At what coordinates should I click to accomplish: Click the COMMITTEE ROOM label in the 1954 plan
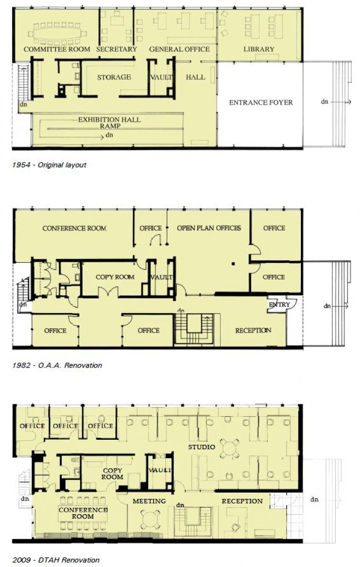(x=57, y=49)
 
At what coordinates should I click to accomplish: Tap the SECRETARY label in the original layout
(x=116, y=49)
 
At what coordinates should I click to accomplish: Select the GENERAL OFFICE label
(x=179, y=49)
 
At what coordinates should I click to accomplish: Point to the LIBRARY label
(x=258, y=49)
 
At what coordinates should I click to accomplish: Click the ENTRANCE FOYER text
(x=261, y=103)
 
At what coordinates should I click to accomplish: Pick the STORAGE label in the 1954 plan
(x=114, y=77)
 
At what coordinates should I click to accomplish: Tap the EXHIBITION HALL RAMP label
(x=109, y=123)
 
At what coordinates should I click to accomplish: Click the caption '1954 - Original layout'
(x=49, y=165)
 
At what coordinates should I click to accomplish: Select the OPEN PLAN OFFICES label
(x=209, y=228)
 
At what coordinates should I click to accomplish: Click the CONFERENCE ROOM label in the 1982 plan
(x=74, y=228)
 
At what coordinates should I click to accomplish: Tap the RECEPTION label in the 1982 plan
(x=253, y=330)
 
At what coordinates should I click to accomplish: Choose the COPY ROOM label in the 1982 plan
(x=115, y=277)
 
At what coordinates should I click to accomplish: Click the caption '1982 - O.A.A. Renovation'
(x=57, y=365)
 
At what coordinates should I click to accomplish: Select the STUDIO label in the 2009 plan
(x=202, y=448)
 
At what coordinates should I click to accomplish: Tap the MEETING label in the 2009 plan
(x=149, y=501)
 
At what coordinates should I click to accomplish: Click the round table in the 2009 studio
(x=229, y=448)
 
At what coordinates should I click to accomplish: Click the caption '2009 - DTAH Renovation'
(x=55, y=560)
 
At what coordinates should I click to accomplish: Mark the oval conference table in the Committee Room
(x=58, y=32)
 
